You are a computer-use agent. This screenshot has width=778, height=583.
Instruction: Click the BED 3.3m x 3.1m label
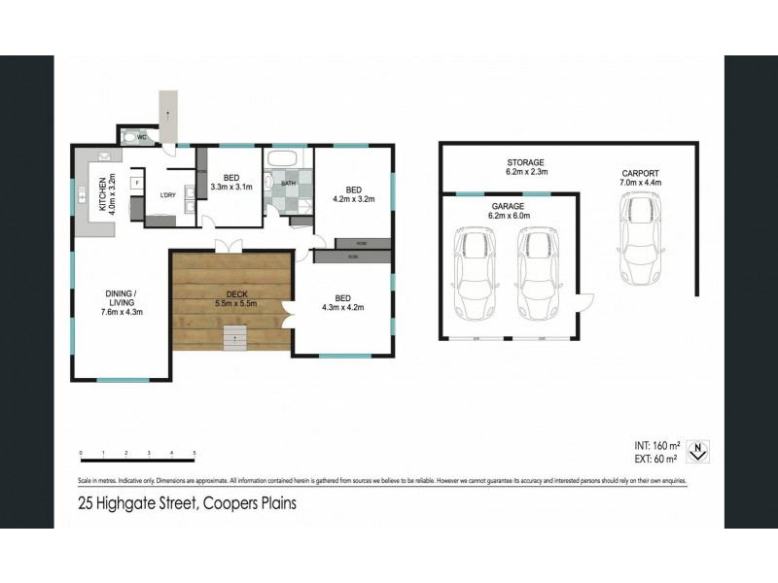point(231,182)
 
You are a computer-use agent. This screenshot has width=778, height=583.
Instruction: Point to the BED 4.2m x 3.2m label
point(352,193)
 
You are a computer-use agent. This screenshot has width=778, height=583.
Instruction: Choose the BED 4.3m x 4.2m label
point(342,303)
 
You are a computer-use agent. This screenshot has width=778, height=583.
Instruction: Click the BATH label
point(289,183)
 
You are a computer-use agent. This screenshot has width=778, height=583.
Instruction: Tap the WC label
point(141,137)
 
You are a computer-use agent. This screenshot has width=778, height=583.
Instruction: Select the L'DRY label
point(168,195)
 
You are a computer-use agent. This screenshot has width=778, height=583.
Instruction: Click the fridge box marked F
point(137,182)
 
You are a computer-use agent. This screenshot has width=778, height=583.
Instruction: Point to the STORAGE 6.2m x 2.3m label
point(525,167)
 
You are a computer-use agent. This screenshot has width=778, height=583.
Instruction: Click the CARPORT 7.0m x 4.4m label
point(641,178)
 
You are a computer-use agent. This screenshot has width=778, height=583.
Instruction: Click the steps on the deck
point(233,340)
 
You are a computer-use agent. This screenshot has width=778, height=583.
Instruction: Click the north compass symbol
point(696,450)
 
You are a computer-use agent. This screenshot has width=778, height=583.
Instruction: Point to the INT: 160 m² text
point(654,444)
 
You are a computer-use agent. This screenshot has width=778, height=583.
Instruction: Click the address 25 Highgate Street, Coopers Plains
point(187,503)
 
